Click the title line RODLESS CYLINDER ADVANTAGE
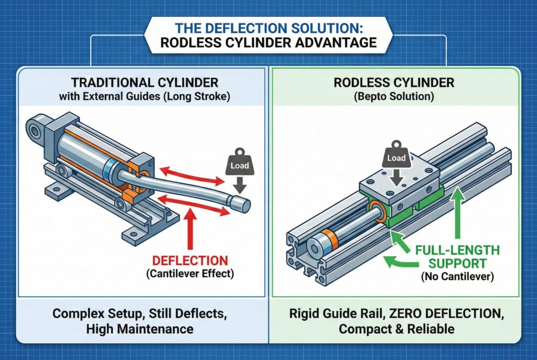click(x=268, y=42)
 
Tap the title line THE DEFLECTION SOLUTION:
click(x=268, y=27)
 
